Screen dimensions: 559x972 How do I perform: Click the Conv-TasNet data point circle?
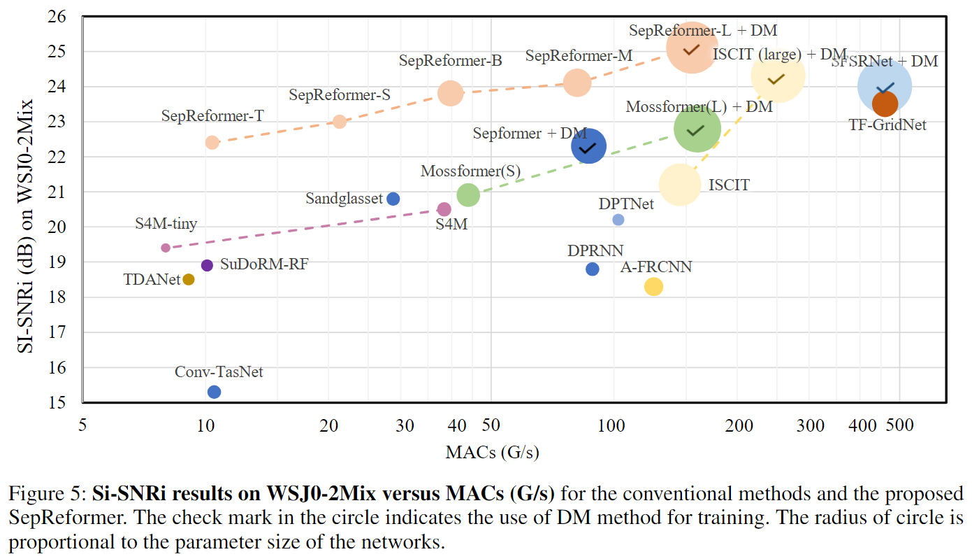pyautogui.click(x=215, y=392)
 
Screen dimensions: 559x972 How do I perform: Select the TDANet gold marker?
pyautogui.click(x=189, y=279)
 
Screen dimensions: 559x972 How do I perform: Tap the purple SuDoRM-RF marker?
pyautogui.click(x=207, y=265)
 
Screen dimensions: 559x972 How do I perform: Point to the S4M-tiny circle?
pyautogui.click(x=166, y=248)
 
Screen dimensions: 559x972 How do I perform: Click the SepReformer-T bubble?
pyautogui.click(x=212, y=142)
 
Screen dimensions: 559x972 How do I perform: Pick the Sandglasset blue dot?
pyautogui.click(x=393, y=199)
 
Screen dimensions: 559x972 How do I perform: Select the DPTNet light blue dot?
pyautogui.click(x=618, y=220)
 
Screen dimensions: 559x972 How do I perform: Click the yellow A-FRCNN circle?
pyautogui.click(x=653, y=286)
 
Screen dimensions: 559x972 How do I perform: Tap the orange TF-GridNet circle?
pyautogui.click(x=885, y=104)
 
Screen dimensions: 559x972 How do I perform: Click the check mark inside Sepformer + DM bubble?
pyautogui.click(x=588, y=148)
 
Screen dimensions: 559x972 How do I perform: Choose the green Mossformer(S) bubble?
pyautogui.click(x=468, y=195)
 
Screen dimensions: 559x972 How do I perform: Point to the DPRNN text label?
pyautogui.click(x=595, y=250)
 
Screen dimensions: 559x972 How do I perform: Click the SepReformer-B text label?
pyautogui.click(x=451, y=61)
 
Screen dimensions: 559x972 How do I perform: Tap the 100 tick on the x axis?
pyautogui.click(x=614, y=425)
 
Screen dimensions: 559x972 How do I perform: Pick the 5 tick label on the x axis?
pyautogui.click(x=82, y=425)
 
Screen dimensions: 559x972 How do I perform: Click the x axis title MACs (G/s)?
pyautogui.click(x=492, y=452)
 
